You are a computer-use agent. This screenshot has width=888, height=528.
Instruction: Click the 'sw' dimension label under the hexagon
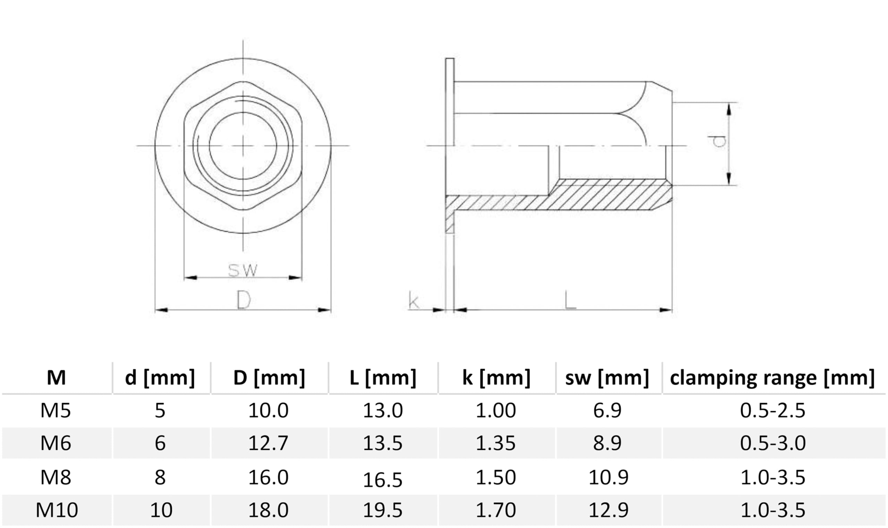242,270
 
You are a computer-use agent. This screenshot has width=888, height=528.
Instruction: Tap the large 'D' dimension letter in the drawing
244,300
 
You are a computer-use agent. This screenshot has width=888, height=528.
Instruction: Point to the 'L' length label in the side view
570,300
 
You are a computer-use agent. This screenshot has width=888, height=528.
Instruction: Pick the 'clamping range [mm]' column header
772,377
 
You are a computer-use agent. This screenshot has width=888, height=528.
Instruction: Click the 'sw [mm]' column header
607,377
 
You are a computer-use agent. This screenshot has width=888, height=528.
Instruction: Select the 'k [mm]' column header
496,377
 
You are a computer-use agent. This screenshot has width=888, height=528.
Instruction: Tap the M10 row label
57,510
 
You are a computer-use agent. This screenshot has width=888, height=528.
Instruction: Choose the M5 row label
55,410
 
